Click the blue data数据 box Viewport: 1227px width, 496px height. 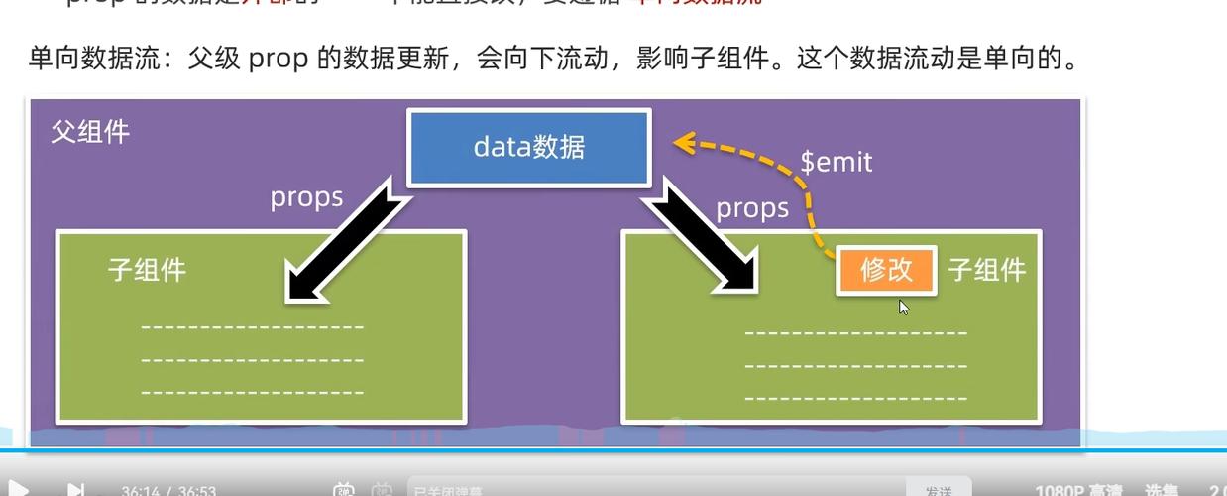529,148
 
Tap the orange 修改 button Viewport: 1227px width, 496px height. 886,270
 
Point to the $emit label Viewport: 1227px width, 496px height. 837,162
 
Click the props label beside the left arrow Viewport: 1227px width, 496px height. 306,197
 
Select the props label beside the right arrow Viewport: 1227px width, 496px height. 752,208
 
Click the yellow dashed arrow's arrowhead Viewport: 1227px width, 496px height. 683,144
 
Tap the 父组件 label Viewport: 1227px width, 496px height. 90,132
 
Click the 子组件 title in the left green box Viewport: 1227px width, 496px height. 147,270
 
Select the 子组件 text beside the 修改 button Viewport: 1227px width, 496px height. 986,270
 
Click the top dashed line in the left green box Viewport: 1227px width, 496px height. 253,327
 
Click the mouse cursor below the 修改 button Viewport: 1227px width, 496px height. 904,308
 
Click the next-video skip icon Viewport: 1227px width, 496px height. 75,489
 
